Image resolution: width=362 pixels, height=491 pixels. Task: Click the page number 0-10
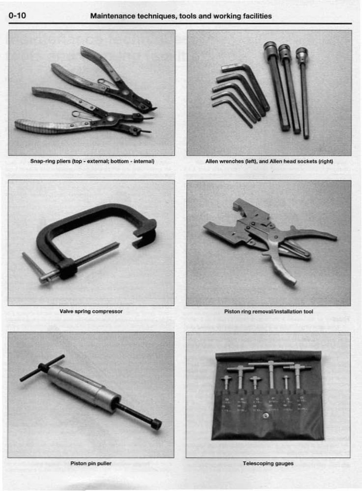pyautogui.click(x=18, y=16)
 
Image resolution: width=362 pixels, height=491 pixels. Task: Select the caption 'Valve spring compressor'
pyautogui.click(x=91, y=311)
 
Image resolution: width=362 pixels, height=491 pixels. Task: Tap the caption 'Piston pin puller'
pyautogui.click(x=91, y=463)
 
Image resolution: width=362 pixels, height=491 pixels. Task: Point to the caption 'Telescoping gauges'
pyautogui.click(x=268, y=463)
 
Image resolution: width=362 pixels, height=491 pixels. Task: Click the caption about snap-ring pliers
pyautogui.click(x=92, y=161)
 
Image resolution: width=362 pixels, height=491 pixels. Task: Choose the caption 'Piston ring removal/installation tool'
pyautogui.click(x=268, y=311)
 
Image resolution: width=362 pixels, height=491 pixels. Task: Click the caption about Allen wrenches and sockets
pyautogui.click(x=269, y=161)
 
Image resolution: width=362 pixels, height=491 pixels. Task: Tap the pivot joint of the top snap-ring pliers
pyautogui.click(x=125, y=92)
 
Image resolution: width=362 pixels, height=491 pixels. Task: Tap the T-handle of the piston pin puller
pyautogui.click(x=42, y=367)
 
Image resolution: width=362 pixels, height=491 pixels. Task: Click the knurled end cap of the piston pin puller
pyautogui.click(x=157, y=424)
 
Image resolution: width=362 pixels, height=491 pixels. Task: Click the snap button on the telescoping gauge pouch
pyautogui.click(x=267, y=415)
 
